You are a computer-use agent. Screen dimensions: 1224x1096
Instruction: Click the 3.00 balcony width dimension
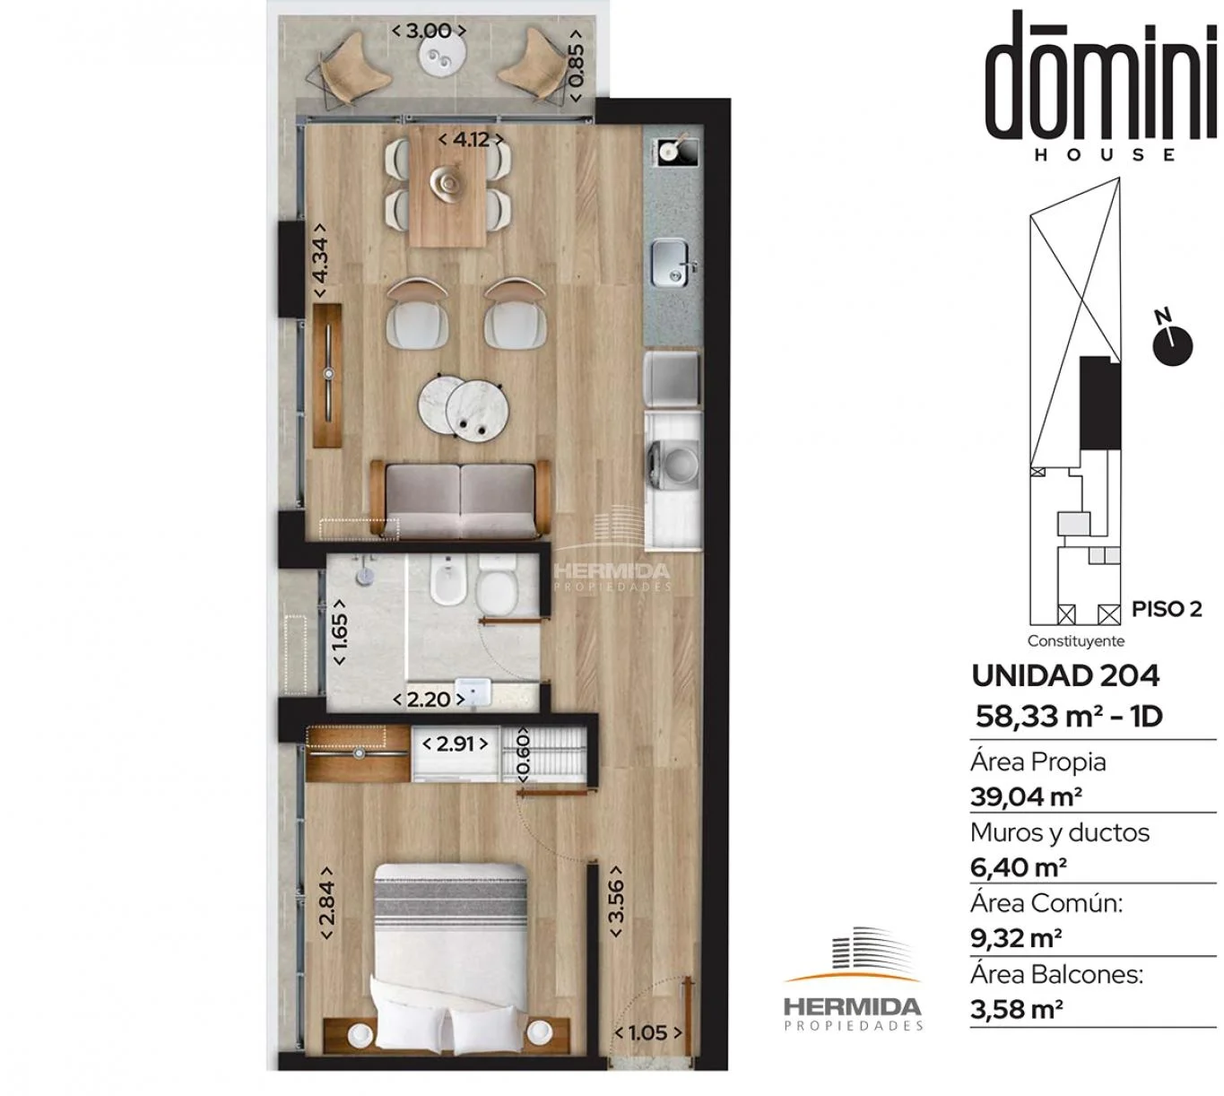pos(429,30)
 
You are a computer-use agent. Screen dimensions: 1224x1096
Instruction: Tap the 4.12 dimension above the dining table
pos(471,140)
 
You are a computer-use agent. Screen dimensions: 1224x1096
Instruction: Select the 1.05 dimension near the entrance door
pos(648,1032)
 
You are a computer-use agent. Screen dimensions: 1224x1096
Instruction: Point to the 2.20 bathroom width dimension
pos(429,700)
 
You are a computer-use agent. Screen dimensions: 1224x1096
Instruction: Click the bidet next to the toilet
pos(447,581)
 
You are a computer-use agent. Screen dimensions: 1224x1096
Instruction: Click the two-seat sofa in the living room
pos(460,499)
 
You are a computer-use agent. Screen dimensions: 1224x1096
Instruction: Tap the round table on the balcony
pos(442,57)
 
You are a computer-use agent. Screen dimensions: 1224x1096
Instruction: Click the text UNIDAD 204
pos(1065,676)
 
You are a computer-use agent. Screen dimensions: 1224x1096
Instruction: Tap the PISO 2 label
pos(1167,609)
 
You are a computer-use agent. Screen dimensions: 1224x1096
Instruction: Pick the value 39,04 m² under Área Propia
pos(1026,797)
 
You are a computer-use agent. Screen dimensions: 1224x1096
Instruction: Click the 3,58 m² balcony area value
pos(1017,1009)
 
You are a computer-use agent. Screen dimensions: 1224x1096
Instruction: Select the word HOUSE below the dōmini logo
pos(1106,155)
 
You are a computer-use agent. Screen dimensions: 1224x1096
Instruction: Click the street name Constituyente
pos(1076,641)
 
